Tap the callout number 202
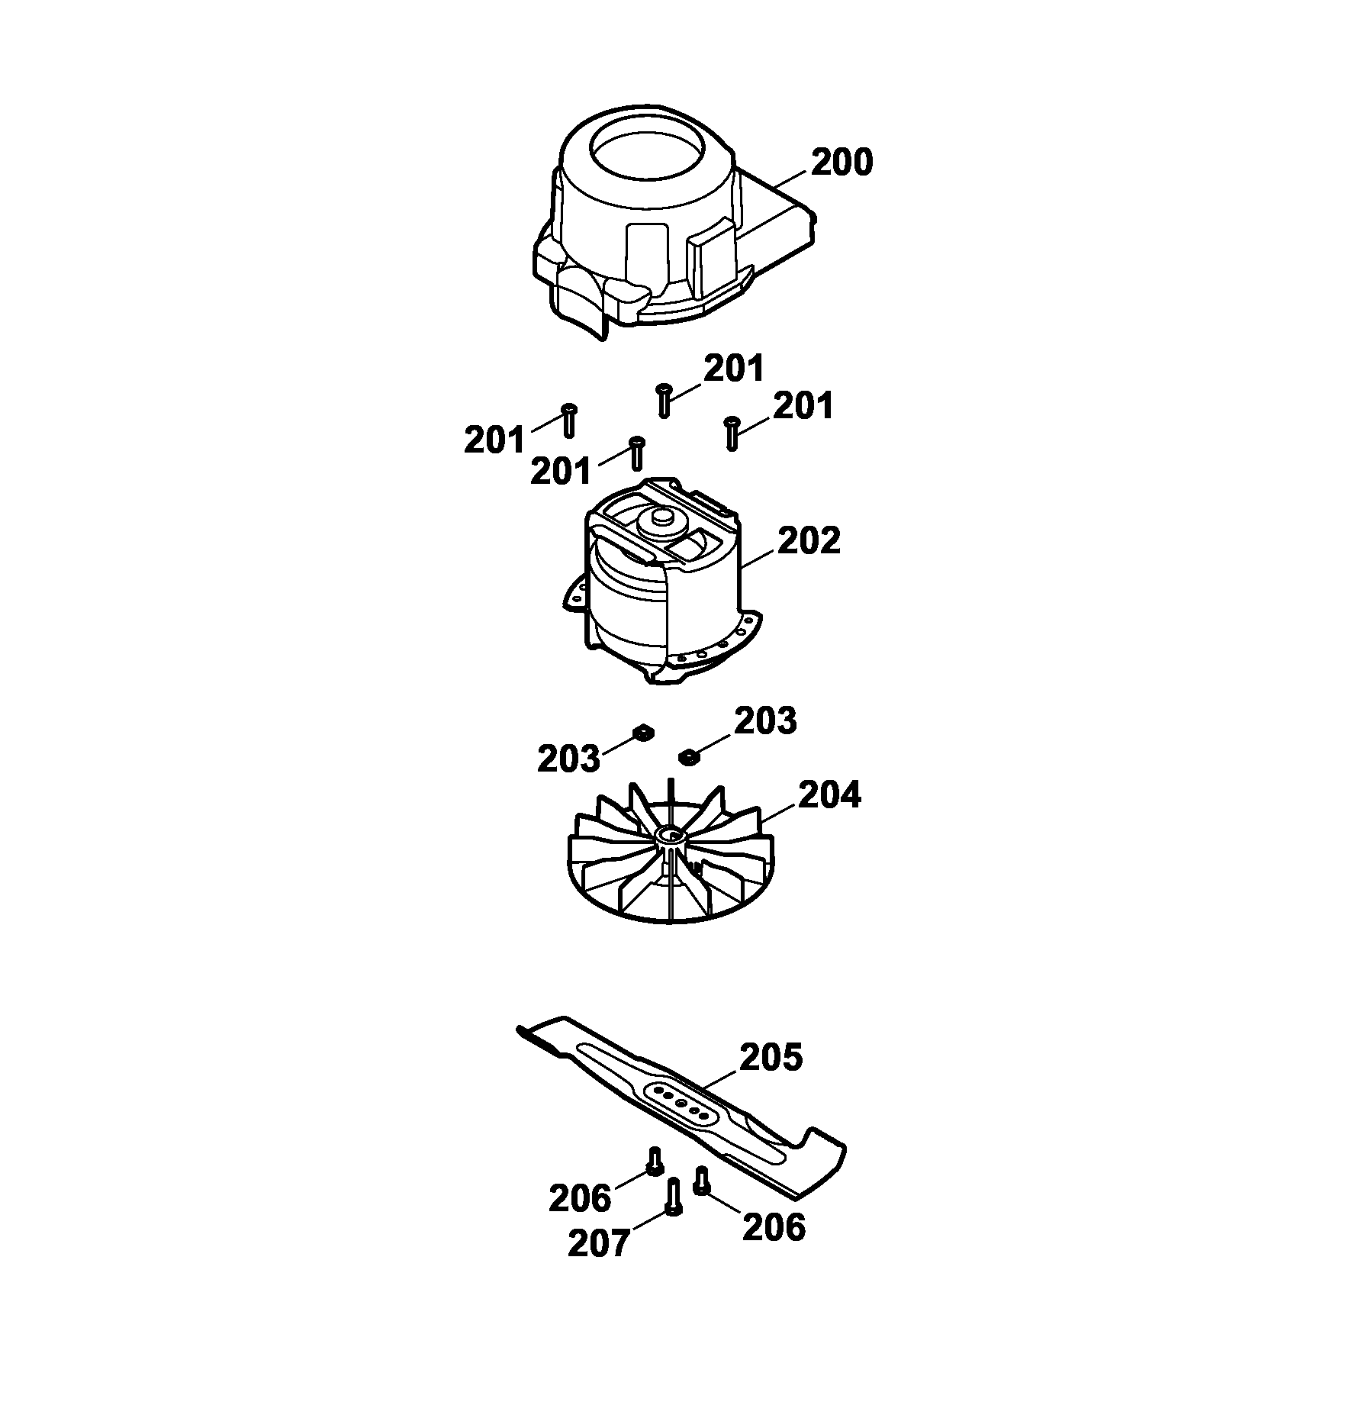[x=809, y=540]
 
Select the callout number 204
[x=829, y=794]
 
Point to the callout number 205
[x=771, y=1057]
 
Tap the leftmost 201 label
[x=495, y=441]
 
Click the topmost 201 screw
[x=664, y=400]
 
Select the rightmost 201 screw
[x=732, y=433]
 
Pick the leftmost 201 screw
[x=568, y=421]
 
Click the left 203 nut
[x=642, y=733]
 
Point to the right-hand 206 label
[x=774, y=1249]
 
